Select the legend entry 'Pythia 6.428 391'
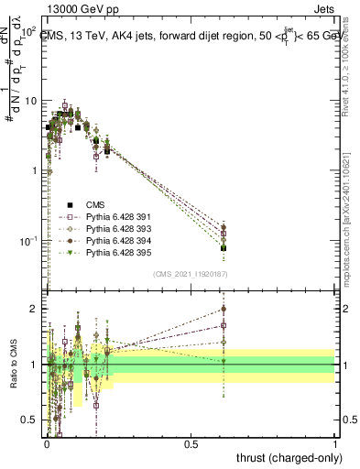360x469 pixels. coord(115,217)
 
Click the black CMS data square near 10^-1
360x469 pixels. coord(224,248)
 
